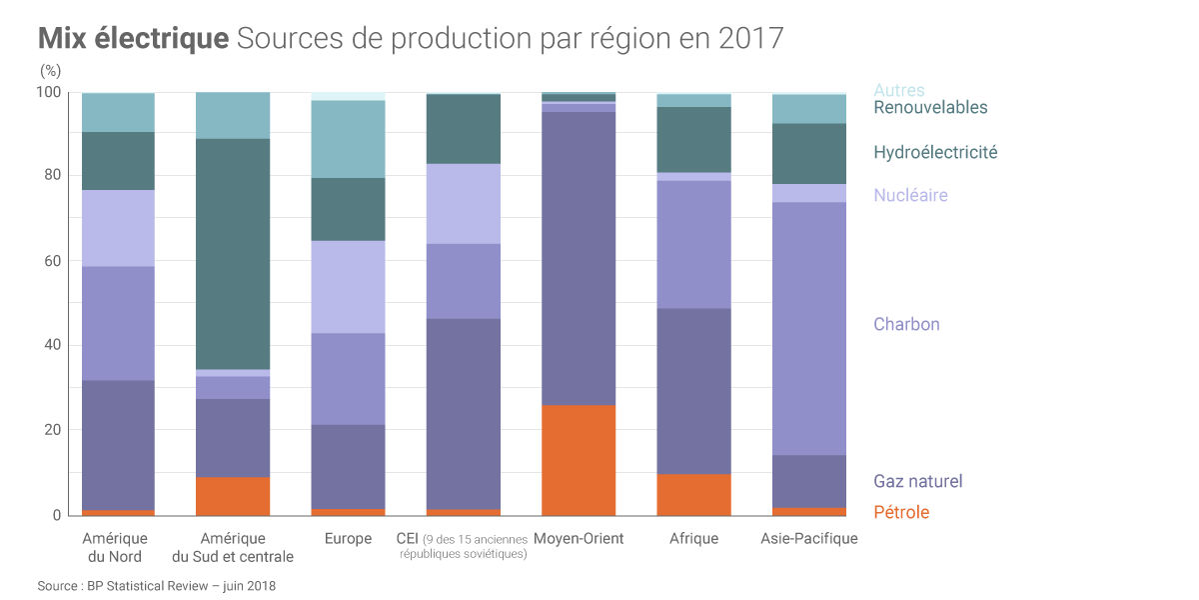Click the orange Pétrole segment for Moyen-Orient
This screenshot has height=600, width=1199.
pos(579,460)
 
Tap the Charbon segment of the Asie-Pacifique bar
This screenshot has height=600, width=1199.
pos(809,328)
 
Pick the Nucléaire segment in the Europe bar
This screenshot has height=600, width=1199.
pos(348,287)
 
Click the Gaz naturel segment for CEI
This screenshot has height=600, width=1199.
pos(464,414)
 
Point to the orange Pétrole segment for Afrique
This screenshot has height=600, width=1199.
pos(693,495)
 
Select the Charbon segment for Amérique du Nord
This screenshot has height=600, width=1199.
pos(118,323)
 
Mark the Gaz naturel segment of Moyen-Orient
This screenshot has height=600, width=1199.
pos(579,258)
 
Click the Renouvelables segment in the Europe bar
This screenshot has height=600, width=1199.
pos(348,139)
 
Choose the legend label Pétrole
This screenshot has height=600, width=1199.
pos(901,512)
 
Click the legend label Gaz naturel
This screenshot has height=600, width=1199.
pos(918,481)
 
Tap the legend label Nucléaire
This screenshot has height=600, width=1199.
pos(910,195)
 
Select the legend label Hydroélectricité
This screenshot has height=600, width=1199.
pos(935,152)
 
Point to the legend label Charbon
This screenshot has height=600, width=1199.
pos(906,324)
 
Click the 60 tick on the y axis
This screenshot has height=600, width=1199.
pos(51,260)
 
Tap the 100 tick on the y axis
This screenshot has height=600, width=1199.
pos(49,92)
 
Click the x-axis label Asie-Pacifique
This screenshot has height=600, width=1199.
pos(809,539)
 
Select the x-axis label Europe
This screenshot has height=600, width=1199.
pos(348,539)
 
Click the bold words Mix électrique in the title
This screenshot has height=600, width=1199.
pos(133,39)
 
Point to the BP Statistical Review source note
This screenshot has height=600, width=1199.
pos(156,586)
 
